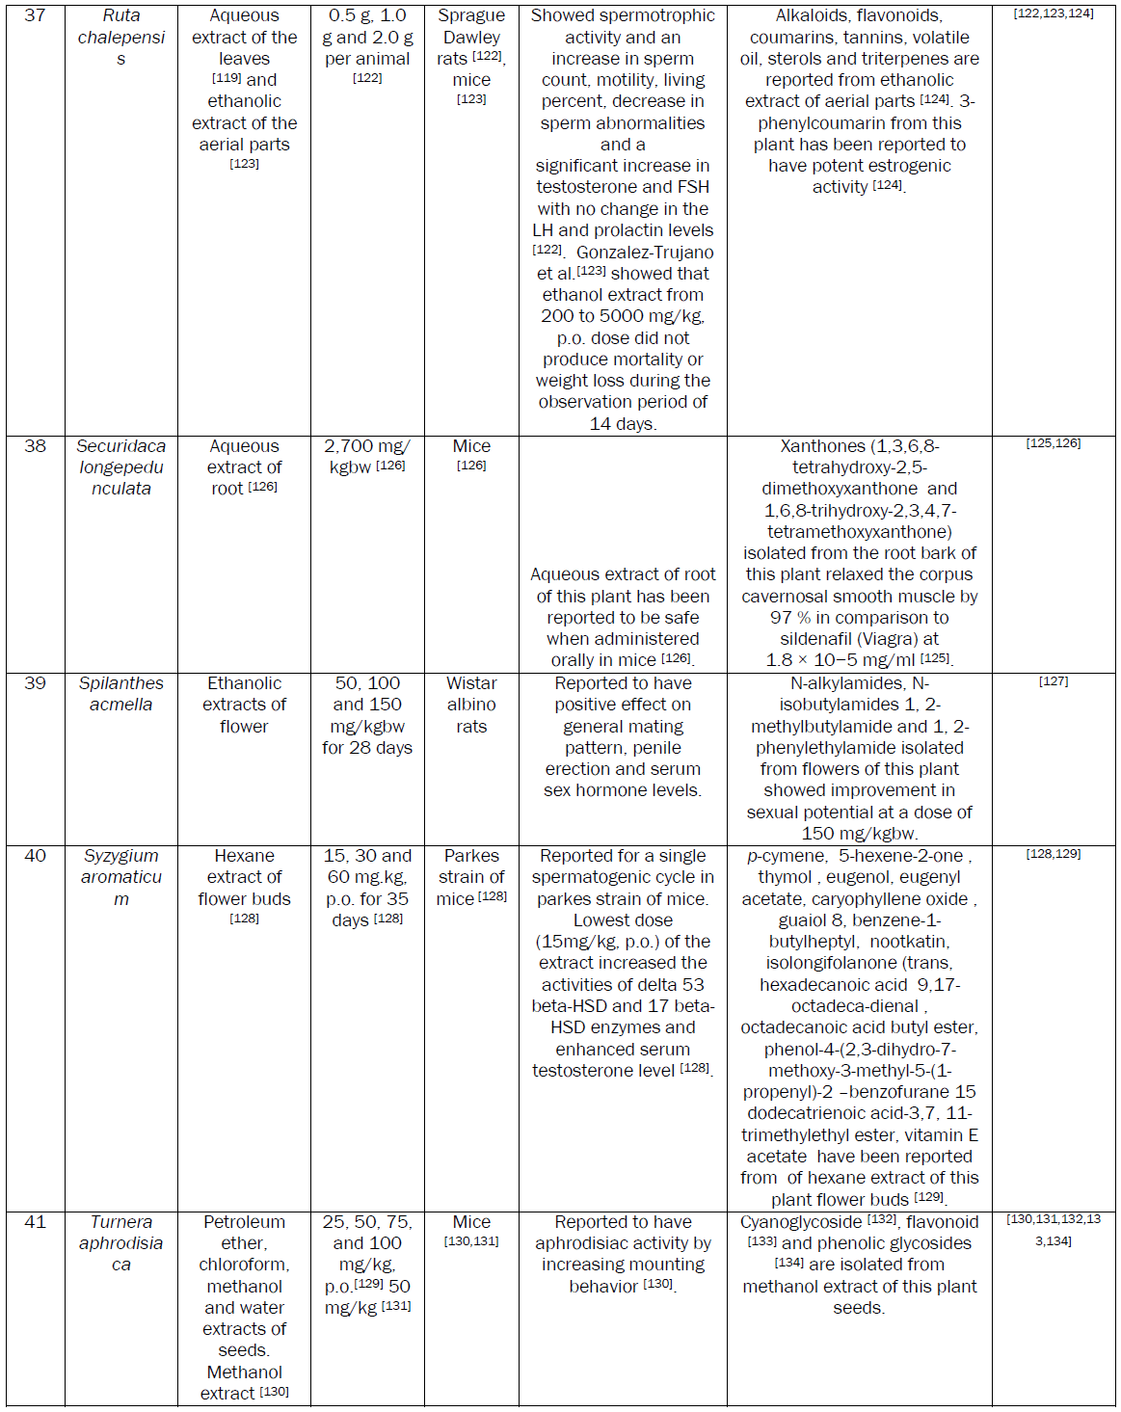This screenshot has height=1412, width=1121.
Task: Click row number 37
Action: (35, 15)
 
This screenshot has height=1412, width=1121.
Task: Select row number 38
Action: (35, 446)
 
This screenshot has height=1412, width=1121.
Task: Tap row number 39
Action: (35, 683)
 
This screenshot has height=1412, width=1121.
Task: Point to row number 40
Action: (35, 856)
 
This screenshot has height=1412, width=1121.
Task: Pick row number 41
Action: (35, 1222)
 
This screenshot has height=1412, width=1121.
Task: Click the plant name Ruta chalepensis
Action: (121, 37)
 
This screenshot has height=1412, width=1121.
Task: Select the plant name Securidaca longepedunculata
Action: (121, 467)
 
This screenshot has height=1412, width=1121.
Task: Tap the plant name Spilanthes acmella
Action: (121, 694)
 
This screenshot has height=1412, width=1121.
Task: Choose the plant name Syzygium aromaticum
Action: (121, 877)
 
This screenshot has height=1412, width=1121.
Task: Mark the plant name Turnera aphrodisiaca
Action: (121, 1243)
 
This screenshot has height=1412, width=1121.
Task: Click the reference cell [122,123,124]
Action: (1054, 14)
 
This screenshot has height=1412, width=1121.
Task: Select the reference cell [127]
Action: (1054, 681)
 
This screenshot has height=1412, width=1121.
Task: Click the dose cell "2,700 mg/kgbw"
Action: (367, 457)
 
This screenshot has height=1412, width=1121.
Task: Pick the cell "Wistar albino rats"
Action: (471, 705)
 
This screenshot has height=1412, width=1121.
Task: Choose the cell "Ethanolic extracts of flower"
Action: (244, 705)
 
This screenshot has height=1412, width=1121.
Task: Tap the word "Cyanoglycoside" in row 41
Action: (801, 1222)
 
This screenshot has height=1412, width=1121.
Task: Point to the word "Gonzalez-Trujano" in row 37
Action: (645, 253)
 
